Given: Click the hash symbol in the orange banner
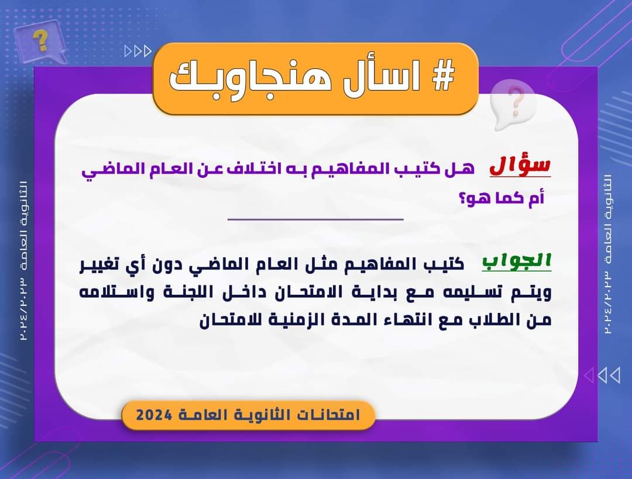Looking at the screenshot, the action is (x=444, y=75).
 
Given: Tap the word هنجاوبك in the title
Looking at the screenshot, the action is (x=250, y=77).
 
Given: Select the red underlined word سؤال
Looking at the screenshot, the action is (x=520, y=165).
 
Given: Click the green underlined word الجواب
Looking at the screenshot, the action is (x=517, y=261).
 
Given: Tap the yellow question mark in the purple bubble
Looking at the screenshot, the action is (x=40, y=41).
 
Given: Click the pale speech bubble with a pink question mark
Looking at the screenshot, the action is (x=513, y=104).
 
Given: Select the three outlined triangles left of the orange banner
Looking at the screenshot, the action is (x=138, y=51).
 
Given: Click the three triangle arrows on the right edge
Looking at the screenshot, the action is (x=602, y=375).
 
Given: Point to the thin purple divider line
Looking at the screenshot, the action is (x=315, y=219).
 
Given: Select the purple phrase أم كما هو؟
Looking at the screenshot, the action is (x=502, y=198).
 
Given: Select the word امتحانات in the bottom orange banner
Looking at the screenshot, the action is (x=329, y=415).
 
